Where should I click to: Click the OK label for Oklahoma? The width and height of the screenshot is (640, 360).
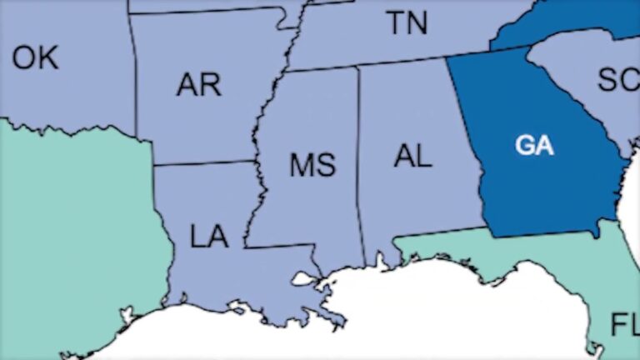[35, 57]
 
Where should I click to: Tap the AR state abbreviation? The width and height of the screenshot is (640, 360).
[198, 84]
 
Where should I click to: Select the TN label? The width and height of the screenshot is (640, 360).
[407, 22]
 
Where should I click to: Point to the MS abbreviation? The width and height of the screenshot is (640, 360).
[312, 165]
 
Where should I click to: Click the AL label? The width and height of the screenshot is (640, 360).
[413, 156]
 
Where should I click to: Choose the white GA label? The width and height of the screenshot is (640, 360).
[534, 145]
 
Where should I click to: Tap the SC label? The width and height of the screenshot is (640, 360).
[617, 79]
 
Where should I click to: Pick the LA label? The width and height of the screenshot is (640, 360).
[208, 237]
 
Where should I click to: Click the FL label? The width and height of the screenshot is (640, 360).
[624, 323]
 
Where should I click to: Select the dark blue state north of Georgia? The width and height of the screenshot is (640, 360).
[567, 25]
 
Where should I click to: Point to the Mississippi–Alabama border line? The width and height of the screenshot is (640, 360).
[360, 167]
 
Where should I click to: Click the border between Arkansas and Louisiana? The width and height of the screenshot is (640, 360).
[204, 163]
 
